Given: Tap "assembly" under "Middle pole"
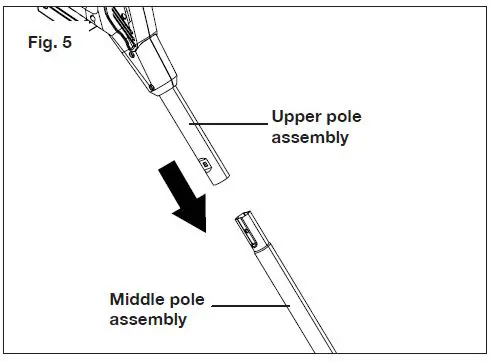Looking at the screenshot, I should [x=147, y=319].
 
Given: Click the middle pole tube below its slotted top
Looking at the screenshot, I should [x=290, y=300].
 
